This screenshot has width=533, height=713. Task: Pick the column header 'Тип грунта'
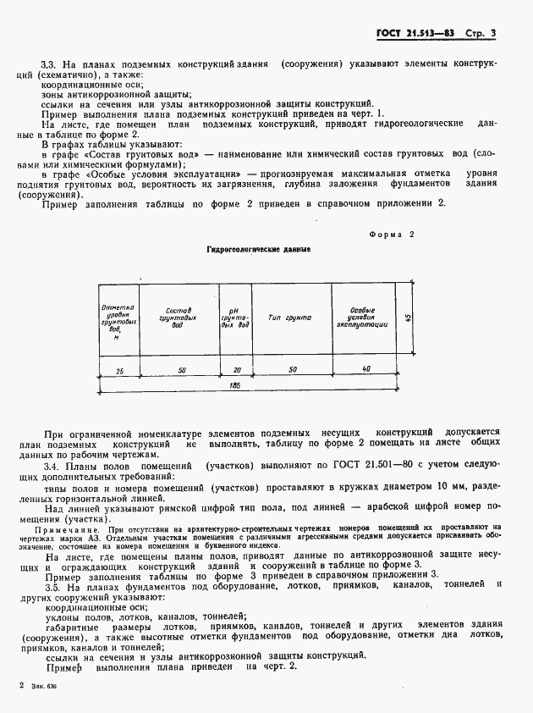[289, 318]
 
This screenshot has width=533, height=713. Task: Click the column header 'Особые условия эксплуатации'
[361, 318]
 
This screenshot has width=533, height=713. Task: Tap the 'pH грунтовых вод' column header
[234, 318]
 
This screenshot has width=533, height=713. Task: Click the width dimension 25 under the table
[119, 370]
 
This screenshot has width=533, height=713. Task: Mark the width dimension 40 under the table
[365, 369]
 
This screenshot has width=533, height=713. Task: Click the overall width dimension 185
[234, 386]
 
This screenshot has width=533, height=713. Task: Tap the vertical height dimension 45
[407, 318]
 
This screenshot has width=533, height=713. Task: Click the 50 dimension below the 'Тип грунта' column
[292, 370]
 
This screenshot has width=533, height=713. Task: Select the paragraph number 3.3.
[50, 64]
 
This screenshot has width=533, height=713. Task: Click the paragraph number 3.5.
[50, 584]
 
